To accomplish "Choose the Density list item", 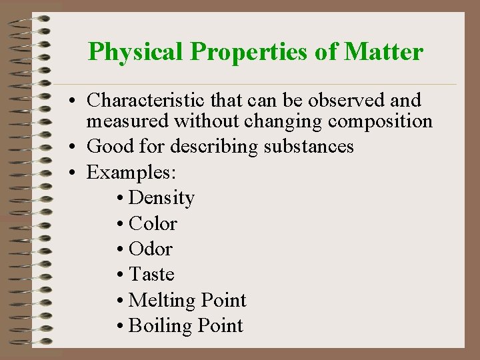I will pyautogui.click(x=161, y=198).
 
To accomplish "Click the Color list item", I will pyautogui.click(x=153, y=223).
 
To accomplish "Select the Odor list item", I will pyautogui.click(x=151, y=249).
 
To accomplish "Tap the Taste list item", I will pyautogui.click(x=151, y=274).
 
